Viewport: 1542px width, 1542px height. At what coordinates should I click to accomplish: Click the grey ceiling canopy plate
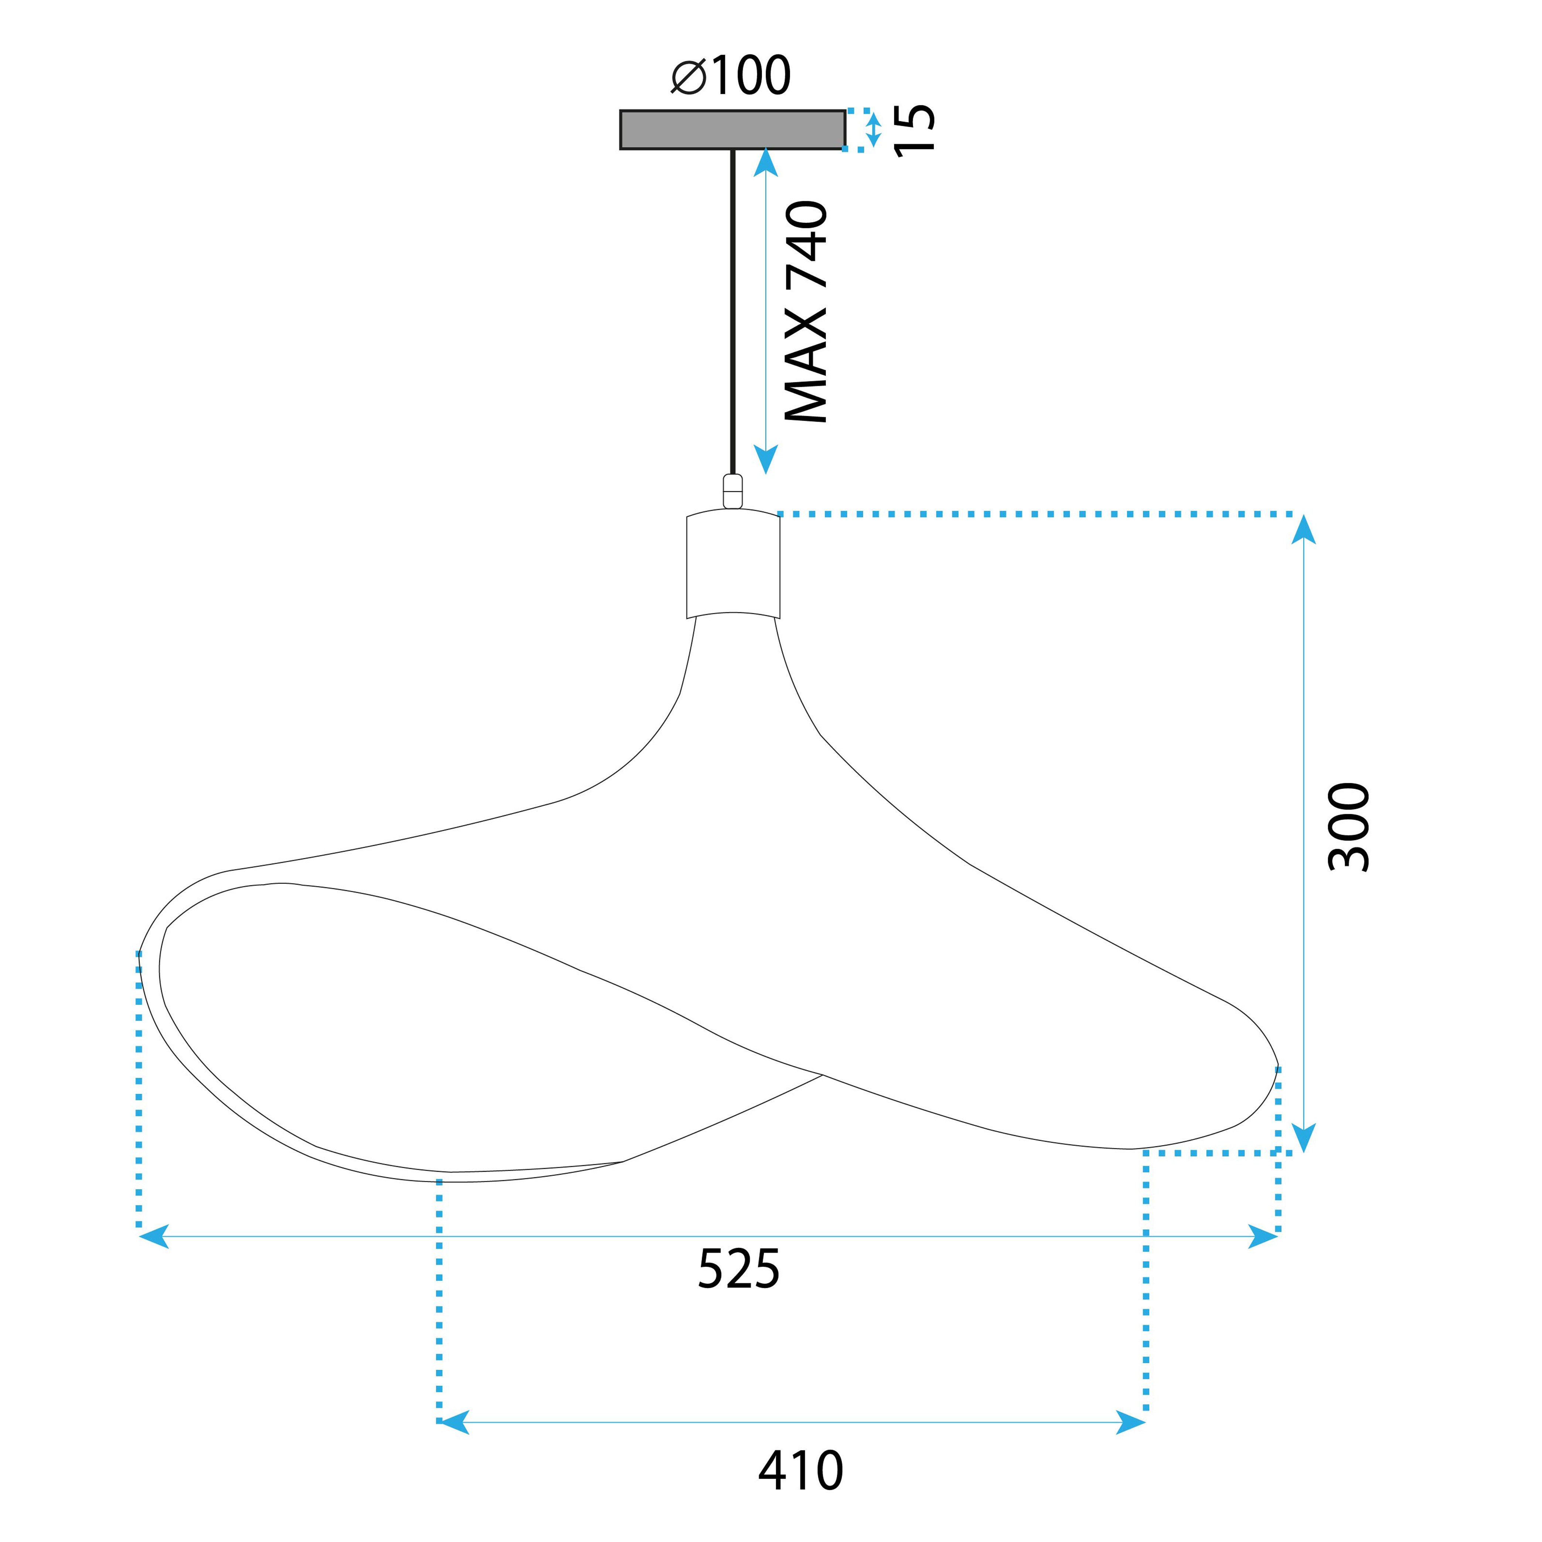[732, 129]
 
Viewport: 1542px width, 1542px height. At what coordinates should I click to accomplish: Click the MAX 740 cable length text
[806, 311]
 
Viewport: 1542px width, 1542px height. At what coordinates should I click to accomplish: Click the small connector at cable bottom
[732, 491]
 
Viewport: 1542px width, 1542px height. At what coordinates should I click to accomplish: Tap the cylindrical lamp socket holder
[733, 565]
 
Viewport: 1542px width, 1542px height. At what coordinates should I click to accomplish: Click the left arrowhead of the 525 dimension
[153, 1236]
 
